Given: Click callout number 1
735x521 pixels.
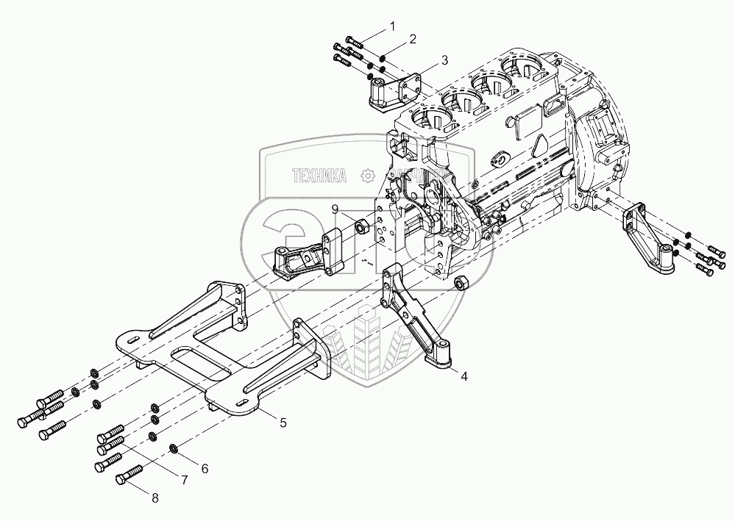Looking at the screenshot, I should (x=392, y=26).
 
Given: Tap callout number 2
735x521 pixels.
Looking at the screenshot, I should (x=413, y=38).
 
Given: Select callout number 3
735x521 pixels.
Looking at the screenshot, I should (x=444, y=60).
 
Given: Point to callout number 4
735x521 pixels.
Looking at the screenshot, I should (x=464, y=376).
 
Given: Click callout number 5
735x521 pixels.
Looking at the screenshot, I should (x=283, y=423).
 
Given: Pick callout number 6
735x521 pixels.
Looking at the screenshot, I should (x=205, y=467).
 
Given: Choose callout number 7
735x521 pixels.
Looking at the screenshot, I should (x=184, y=481).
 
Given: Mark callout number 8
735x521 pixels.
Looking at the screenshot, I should (x=155, y=499).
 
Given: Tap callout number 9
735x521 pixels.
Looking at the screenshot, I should (x=335, y=210).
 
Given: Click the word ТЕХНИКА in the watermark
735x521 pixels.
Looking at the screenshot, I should (x=319, y=176).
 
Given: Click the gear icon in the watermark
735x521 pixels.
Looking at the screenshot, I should (x=366, y=176).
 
